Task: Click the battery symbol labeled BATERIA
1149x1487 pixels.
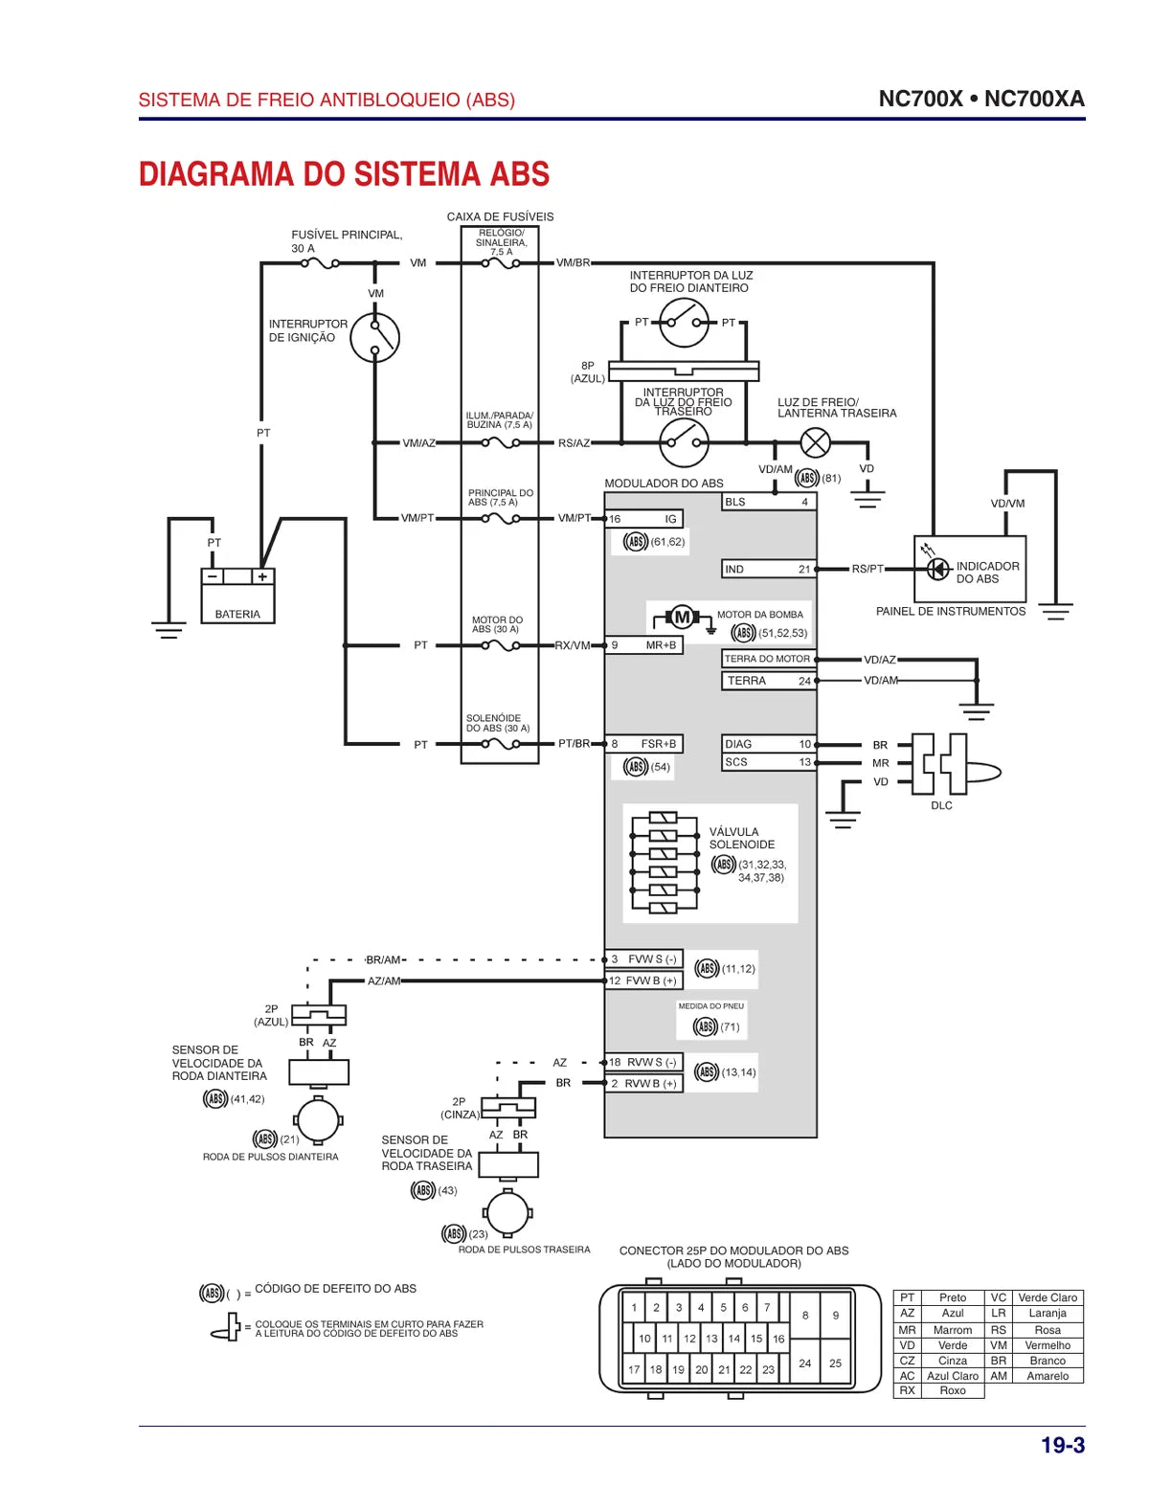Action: click(237, 596)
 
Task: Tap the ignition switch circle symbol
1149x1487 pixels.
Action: click(374, 337)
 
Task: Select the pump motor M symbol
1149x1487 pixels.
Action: click(683, 618)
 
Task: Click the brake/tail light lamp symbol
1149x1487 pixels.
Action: click(815, 442)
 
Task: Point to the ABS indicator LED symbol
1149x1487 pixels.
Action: click(938, 568)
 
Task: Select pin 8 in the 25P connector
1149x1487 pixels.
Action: click(805, 1316)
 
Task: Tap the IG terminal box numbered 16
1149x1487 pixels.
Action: click(643, 519)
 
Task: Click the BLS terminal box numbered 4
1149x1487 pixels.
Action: click(769, 502)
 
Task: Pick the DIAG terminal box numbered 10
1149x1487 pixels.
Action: click(769, 744)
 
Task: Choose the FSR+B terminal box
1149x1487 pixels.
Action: click(643, 744)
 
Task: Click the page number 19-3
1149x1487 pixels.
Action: click(1063, 1445)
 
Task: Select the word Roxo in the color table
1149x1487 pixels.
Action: click(953, 1390)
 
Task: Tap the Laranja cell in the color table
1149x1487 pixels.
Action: click(1048, 1313)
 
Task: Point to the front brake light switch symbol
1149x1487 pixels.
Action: click(684, 323)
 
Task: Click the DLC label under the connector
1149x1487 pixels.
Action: click(941, 805)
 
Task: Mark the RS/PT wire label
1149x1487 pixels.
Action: click(867, 569)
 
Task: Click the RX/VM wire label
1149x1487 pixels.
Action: click(572, 645)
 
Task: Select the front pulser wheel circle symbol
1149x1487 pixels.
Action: click(318, 1120)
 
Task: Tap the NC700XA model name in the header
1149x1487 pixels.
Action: click(1034, 99)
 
